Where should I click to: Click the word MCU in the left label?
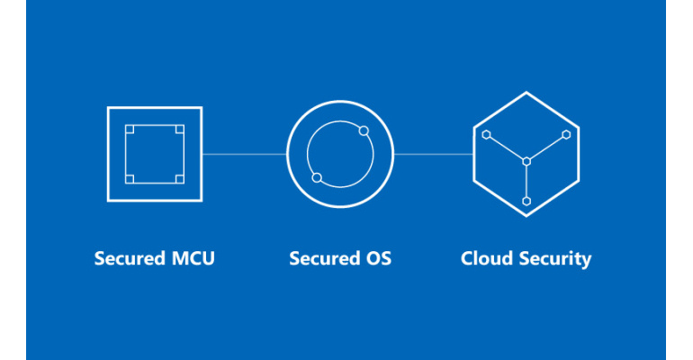click(x=193, y=258)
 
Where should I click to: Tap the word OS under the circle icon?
click(x=378, y=258)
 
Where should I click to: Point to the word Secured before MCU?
click(x=130, y=258)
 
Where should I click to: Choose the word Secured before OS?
click(x=325, y=258)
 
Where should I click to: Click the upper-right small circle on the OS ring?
click(x=364, y=130)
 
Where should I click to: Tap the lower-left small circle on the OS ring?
click(x=317, y=177)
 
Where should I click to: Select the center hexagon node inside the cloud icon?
click(x=526, y=162)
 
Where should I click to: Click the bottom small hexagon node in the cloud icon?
click(x=526, y=202)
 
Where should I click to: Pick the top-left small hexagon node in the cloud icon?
click(x=487, y=135)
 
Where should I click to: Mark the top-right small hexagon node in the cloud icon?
click(x=566, y=135)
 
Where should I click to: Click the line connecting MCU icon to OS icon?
click(x=245, y=154)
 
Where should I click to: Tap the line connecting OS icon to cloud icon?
click(x=434, y=154)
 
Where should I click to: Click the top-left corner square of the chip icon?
click(x=130, y=129)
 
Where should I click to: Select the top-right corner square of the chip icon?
click(x=180, y=129)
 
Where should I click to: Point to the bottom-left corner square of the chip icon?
click(x=130, y=179)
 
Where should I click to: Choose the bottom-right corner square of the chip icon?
click(x=180, y=179)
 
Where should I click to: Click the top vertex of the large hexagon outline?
click(x=526, y=93)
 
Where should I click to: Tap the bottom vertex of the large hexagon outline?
click(x=526, y=216)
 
